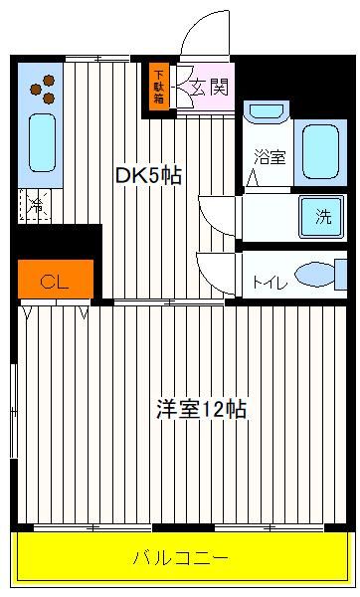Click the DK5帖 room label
[148, 175]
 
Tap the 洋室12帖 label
[201, 409]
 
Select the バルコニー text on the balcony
[181, 558]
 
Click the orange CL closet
[56, 279]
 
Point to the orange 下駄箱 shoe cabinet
[159, 87]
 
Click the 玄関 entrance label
[209, 88]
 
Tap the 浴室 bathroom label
[270, 156]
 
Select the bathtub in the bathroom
[321, 152]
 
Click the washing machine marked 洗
[322, 216]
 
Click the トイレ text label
[270, 283]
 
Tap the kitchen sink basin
[42, 143]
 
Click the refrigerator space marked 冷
[35, 205]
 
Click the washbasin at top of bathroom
[267, 110]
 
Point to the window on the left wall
[14, 410]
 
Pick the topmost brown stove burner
[49, 81]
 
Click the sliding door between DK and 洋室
[169, 302]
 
